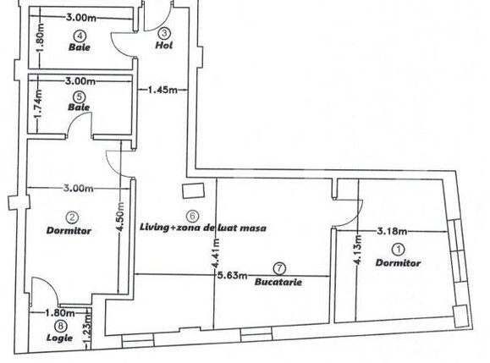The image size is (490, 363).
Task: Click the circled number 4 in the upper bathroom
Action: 80,36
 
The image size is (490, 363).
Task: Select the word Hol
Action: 165,45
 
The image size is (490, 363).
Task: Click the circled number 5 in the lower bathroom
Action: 81,97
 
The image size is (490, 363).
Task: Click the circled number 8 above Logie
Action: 60,324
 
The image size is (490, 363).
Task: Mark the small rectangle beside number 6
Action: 193,192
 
